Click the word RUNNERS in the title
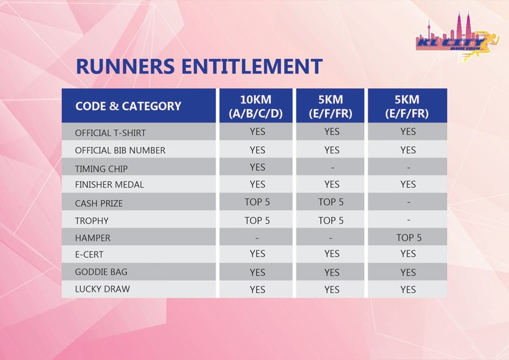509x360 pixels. pos(126,66)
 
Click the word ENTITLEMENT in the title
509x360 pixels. pos(252,66)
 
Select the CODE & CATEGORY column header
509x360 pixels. pos(128,106)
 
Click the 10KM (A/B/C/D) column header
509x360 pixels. pos(256,106)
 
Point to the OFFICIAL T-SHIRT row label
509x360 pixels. pos(110,133)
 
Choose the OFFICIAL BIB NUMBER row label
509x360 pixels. pos(120,150)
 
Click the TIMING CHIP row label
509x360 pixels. pos(101,168)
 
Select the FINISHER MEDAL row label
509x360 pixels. pos(109,185)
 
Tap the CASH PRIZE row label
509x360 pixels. pos(99,203)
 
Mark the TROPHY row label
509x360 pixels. pos(92,221)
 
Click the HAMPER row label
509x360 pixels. pos(93,238)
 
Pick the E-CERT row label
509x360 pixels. pos(89,254)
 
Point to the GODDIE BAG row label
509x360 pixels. pos(101,272)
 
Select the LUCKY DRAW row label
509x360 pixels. pos(102,289)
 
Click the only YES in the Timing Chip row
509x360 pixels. pos(257,167)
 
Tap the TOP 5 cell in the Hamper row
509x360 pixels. pos(409,238)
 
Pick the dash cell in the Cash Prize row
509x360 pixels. pos(409,202)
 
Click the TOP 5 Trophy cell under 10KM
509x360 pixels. pos(257,220)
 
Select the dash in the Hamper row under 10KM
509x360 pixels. pos(257,238)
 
